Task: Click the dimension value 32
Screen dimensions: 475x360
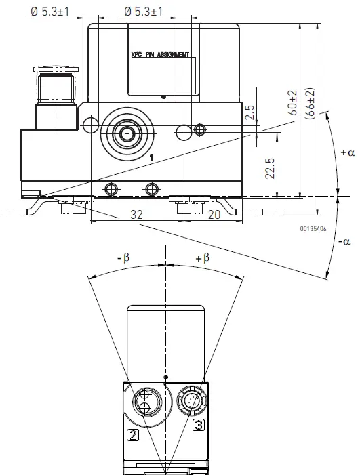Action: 136,213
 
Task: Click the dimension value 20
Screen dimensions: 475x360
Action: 214,213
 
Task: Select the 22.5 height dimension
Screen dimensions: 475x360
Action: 270,167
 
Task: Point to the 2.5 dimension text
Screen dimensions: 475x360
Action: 250,112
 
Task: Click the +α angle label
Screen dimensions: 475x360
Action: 347,152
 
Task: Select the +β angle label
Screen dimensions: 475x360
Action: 202,257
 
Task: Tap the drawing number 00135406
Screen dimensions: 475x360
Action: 313,228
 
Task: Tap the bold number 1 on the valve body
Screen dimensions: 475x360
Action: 151,157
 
